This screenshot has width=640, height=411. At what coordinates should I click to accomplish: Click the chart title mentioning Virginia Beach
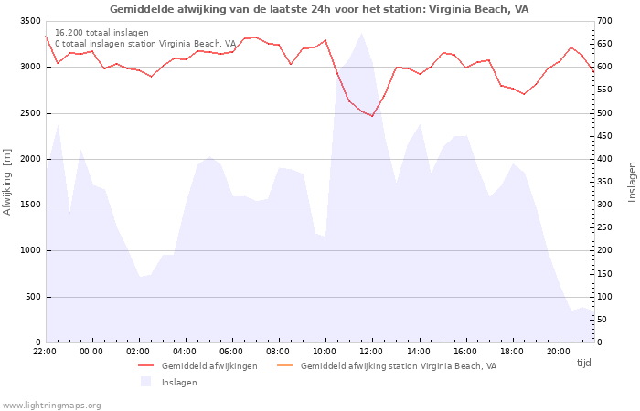319,9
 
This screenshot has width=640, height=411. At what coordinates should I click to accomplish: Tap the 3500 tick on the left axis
30,21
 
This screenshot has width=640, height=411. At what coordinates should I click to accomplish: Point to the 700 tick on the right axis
604,21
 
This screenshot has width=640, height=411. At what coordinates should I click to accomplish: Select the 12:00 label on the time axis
371,352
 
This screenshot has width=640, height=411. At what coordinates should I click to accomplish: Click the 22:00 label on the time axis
45,352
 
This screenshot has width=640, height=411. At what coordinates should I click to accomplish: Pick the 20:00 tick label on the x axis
559,352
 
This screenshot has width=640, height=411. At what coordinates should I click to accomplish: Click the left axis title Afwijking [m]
7,182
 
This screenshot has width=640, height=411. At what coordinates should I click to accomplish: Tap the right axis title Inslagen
632,182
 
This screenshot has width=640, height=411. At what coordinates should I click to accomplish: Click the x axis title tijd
583,363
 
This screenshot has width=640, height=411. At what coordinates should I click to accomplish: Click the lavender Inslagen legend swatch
145,382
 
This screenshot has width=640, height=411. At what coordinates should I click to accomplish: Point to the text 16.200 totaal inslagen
101,33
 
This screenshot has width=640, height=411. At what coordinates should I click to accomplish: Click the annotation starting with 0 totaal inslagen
145,44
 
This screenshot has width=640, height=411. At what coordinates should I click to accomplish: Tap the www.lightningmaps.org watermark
50,406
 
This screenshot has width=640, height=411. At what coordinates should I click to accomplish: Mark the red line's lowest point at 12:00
372,116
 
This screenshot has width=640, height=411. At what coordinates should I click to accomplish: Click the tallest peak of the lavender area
361,33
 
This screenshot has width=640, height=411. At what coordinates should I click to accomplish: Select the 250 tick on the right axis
604,227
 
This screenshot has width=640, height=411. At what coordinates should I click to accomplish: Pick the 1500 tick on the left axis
30,205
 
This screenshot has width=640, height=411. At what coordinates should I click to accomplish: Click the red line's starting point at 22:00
46,37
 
